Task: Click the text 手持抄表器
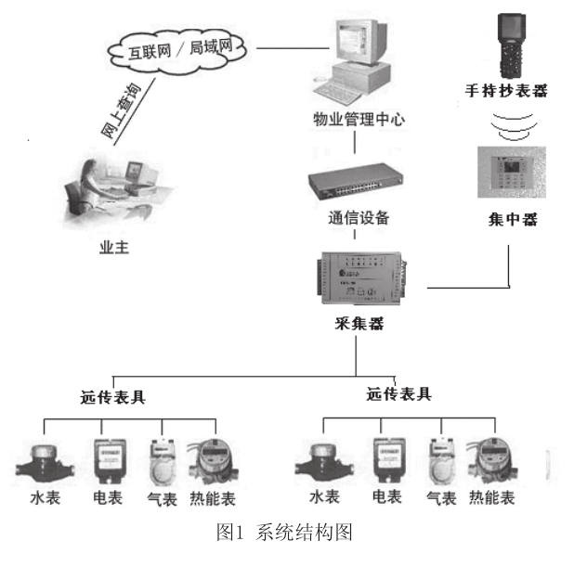click(507, 93)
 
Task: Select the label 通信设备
click(359, 220)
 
